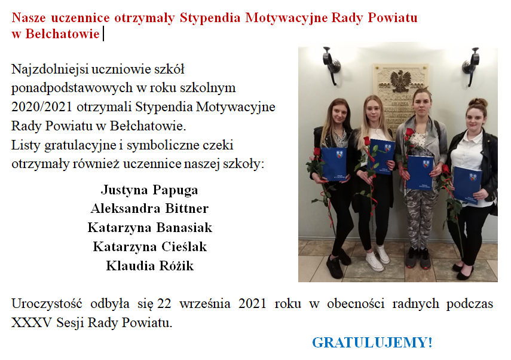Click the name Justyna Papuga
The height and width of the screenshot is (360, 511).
(x=149, y=190)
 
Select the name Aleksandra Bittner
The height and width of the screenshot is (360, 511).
(x=149, y=209)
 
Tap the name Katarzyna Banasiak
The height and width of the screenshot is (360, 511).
(x=150, y=228)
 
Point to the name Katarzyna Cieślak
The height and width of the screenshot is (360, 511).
(x=150, y=247)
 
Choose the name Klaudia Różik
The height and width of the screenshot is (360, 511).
(x=150, y=266)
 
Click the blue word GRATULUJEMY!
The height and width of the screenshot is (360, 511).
(x=372, y=343)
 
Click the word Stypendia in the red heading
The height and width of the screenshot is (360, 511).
(x=210, y=17)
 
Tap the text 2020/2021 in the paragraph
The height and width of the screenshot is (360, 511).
(x=42, y=107)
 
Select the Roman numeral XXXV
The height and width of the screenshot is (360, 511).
(x=32, y=323)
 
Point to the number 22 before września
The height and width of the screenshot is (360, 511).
(x=164, y=304)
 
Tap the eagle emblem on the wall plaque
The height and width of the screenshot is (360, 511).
(x=400, y=81)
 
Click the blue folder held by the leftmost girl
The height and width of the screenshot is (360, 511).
(x=333, y=164)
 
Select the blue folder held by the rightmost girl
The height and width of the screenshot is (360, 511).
(x=467, y=185)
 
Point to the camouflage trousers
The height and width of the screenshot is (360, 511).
(x=420, y=219)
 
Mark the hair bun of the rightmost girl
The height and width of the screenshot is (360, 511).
(x=478, y=103)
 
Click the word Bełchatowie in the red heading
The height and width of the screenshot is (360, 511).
(x=62, y=34)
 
